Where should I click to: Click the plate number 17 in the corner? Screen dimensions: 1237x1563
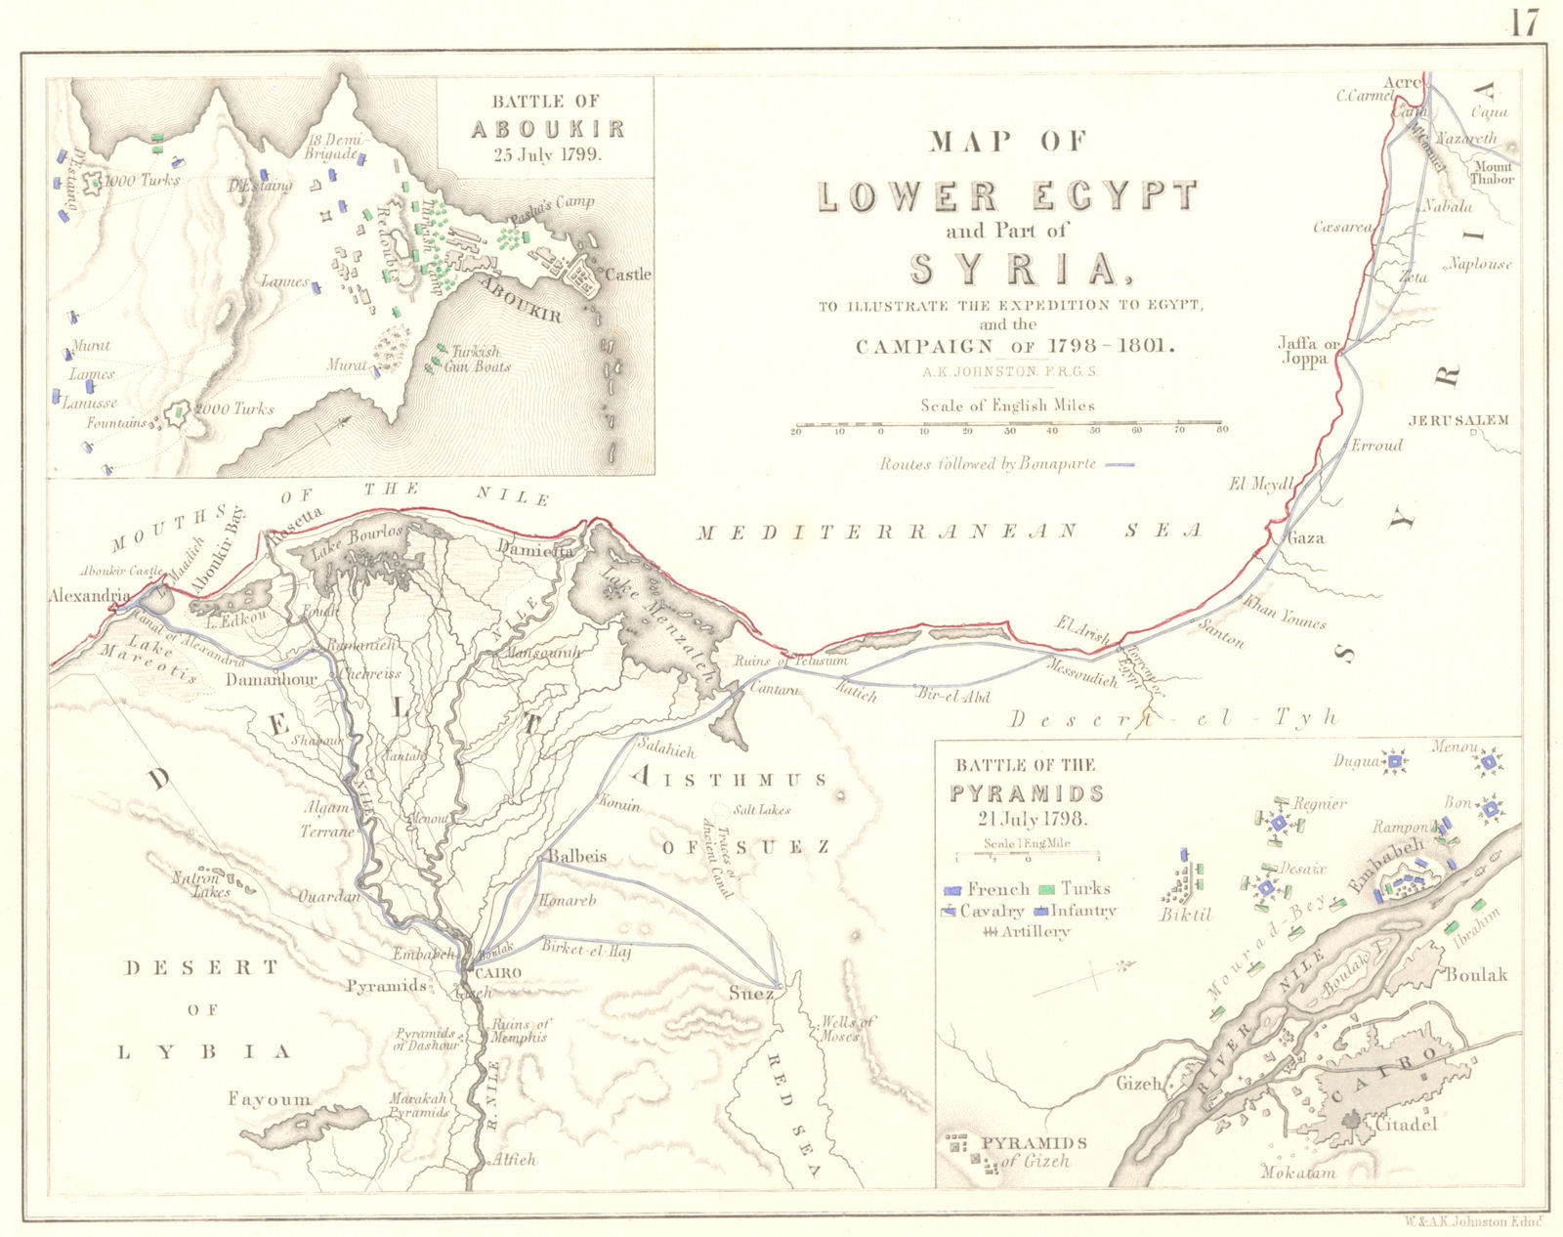pyautogui.click(x=1524, y=21)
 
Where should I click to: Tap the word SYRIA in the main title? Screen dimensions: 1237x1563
pyautogui.click(x=1014, y=269)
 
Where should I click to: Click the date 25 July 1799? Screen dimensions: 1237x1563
pyautogui.click(x=546, y=153)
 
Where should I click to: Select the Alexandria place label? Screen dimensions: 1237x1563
pyautogui.click(x=89, y=595)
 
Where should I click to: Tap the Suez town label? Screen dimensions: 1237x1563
pyautogui.click(x=751, y=994)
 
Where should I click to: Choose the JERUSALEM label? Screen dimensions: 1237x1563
pyautogui.click(x=1458, y=420)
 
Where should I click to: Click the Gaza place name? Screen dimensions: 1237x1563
pyautogui.click(x=1306, y=537)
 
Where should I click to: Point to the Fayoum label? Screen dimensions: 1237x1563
pyautogui.click(x=269, y=1099)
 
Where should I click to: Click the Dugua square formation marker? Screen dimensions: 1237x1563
pyautogui.click(x=1396, y=761)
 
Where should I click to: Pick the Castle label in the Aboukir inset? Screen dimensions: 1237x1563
pyautogui.click(x=628, y=275)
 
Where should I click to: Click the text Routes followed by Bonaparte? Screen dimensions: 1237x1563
pyautogui.click(x=988, y=465)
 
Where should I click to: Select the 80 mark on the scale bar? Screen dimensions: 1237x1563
pyautogui.click(x=1218, y=431)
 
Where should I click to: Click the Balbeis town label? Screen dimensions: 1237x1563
pyautogui.click(x=576, y=856)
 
